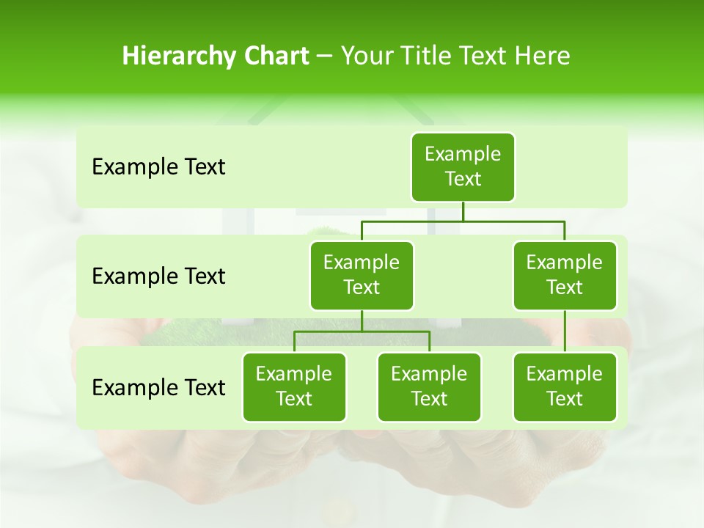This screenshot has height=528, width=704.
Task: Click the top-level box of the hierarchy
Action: click(463, 166)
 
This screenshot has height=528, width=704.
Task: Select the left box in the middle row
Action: click(362, 275)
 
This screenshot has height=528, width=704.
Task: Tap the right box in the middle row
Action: click(565, 275)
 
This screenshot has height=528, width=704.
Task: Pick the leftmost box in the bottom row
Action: click(294, 386)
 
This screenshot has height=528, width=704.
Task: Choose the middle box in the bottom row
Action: click(429, 386)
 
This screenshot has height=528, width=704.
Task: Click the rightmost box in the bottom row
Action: click(565, 386)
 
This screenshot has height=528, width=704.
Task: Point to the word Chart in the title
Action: click(273, 56)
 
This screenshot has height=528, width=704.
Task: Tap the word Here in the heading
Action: click(542, 56)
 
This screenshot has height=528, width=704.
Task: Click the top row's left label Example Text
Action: click(158, 167)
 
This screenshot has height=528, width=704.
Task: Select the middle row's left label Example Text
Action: click(158, 276)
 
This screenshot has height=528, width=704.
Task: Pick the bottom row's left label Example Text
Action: click(158, 388)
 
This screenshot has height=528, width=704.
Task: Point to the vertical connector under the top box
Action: click(463, 211)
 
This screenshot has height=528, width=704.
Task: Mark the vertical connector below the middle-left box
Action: click(362, 320)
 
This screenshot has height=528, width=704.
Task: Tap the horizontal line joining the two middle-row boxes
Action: click(463, 220)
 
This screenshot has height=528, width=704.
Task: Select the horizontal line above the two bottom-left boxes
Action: click(362, 331)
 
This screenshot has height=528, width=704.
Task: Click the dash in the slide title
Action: click(325, 57)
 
